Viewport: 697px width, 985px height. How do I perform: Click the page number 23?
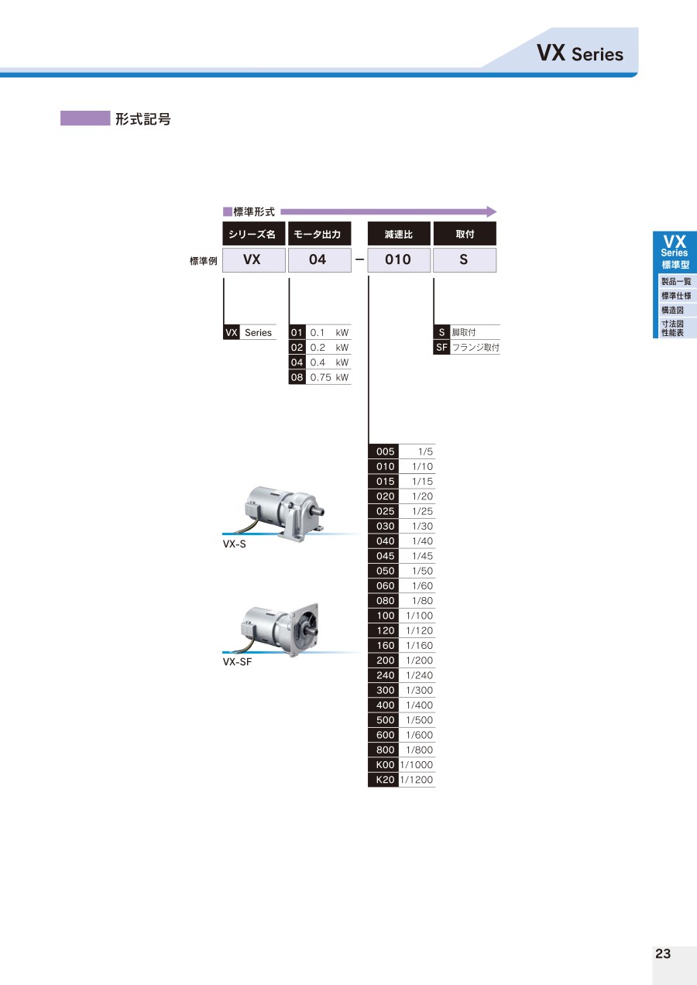tap(663, 953)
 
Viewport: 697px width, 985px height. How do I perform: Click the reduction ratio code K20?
tap(385, 780)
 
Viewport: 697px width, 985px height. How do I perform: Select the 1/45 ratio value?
tap(422, 556)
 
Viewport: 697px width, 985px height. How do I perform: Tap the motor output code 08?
tap(297, 377)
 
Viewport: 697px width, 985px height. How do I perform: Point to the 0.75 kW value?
tap(329, 377)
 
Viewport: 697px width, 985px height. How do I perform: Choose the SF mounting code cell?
tap(441, 348)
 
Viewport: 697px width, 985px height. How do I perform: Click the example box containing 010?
tap(398, 260)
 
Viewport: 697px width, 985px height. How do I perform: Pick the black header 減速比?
tap(398, 234)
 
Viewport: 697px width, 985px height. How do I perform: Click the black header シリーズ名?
tap(253, 234)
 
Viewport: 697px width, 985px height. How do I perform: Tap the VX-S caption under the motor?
tap(235, 544)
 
